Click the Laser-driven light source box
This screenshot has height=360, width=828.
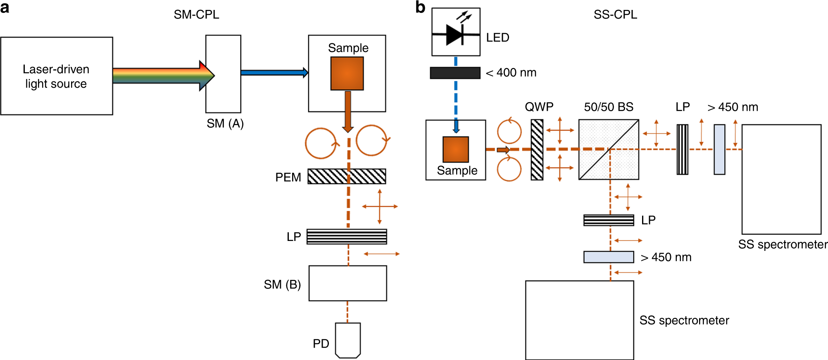(x=57, y=76)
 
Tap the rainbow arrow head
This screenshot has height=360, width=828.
(x=207, y=76)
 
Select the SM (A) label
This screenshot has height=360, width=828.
(x=225, y=123)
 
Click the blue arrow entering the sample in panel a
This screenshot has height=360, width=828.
(x=274, y=73)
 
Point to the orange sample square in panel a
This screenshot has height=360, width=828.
(x=347, y=74)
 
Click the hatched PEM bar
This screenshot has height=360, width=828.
(x=347, y=176)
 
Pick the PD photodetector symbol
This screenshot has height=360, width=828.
(x=348, y=340)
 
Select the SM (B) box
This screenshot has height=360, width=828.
(x=348, y=283)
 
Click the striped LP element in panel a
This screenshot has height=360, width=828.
(x=347, y=237)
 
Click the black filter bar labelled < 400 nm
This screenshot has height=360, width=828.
(x=455, y=73)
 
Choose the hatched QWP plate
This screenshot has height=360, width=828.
(x=537, y=150)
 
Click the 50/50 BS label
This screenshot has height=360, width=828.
(x=609, y=107)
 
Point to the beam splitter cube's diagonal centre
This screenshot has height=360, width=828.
(x=609, y=150)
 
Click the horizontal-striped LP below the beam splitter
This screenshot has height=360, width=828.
(x=609, y=220)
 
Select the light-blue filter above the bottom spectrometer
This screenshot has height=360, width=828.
(x=609, y=257)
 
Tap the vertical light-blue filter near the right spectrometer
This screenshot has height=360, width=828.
(x=719, y=150)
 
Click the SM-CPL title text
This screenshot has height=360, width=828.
(x=196, y=14)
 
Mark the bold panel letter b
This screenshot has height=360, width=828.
(x=420, y=7)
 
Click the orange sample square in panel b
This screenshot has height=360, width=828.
(x=456, y=149)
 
